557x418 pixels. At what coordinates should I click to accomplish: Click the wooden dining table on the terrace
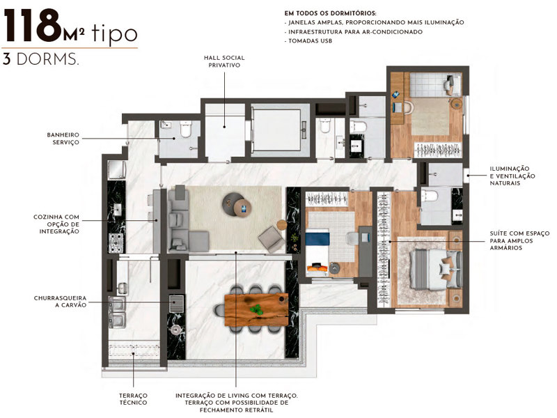click(x=256, y=309)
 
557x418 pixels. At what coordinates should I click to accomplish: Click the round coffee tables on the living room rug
click(x=237, y=205)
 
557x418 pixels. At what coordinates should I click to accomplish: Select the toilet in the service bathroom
click(x=185, y=130)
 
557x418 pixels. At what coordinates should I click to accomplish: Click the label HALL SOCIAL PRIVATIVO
click(x=224, y=61)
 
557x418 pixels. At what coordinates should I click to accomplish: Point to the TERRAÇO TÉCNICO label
click(x=133, y=399)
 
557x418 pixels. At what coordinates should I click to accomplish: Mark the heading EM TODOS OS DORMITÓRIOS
click(x=331, y=13)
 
